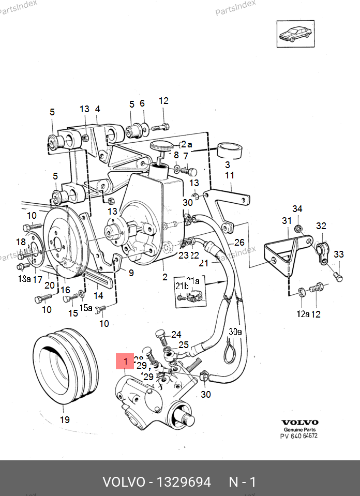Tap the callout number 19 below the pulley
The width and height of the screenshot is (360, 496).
click(65, 419)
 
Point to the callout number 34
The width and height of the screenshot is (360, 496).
click(297, 209)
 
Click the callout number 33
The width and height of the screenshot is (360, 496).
click(338, 254)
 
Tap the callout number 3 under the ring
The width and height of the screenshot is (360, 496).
click(227, 164)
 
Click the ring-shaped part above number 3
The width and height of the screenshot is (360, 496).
click(230, 151)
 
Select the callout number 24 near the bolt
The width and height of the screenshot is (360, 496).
click(176, 334)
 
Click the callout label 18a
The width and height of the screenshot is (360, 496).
click(24, 279)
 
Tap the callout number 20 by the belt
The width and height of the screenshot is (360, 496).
click(50, 285)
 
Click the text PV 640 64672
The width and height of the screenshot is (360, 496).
click(299, 436)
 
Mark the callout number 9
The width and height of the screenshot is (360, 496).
click(131, 273)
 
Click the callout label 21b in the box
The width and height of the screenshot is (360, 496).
click(182, 286)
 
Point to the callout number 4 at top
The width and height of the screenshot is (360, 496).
click(97, 109)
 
